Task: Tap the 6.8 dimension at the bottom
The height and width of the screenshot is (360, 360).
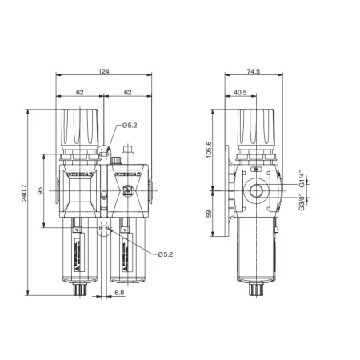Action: tap(118, 294)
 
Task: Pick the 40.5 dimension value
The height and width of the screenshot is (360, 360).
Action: tap(240, 92)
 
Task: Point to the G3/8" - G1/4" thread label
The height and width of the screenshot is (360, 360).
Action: tap(302, 191)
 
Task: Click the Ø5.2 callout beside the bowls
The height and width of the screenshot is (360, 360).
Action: tap(166, 254)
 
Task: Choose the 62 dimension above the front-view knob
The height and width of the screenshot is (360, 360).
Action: tap(80, 93)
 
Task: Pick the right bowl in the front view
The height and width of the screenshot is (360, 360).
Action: tap(127, 252)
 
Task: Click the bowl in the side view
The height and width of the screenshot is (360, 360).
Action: tap(255, 252)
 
